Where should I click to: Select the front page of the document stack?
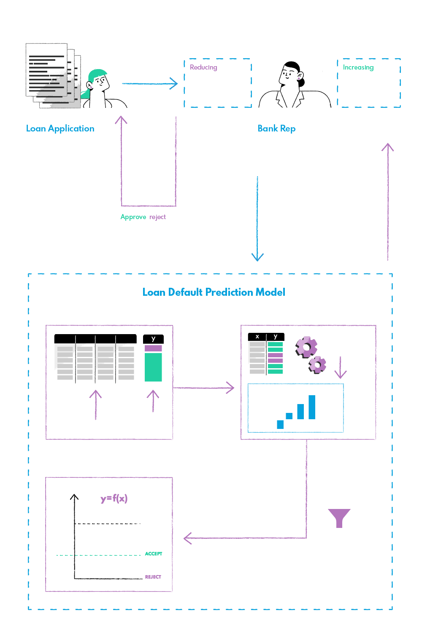(x=46, y=70)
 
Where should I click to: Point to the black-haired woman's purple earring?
(x=299, y=78)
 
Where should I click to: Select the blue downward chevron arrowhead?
(x=257, y=257)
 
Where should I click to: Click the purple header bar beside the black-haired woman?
(x=220, y=68)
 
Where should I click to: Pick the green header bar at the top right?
(x=371, y=68)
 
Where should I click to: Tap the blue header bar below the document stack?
(x=67, y=130)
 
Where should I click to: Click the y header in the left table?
(x=153, y=339)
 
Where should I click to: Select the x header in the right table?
(x=257, y=336)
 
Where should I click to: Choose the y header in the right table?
(x=276, y=336)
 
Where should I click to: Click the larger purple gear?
(x=306, y=347)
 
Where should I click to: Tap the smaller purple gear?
(x=317, y=364)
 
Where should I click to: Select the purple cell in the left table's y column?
(x=153, y=348)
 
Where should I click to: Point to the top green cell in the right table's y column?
(x=275, y=344)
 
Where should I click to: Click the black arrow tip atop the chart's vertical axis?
(x=74, y=497)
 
